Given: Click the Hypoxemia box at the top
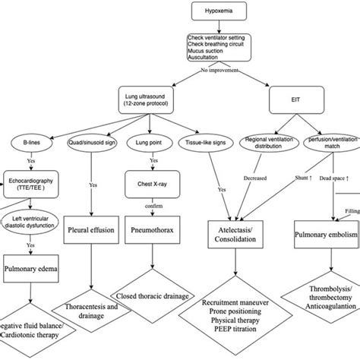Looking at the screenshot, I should (221, 13).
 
